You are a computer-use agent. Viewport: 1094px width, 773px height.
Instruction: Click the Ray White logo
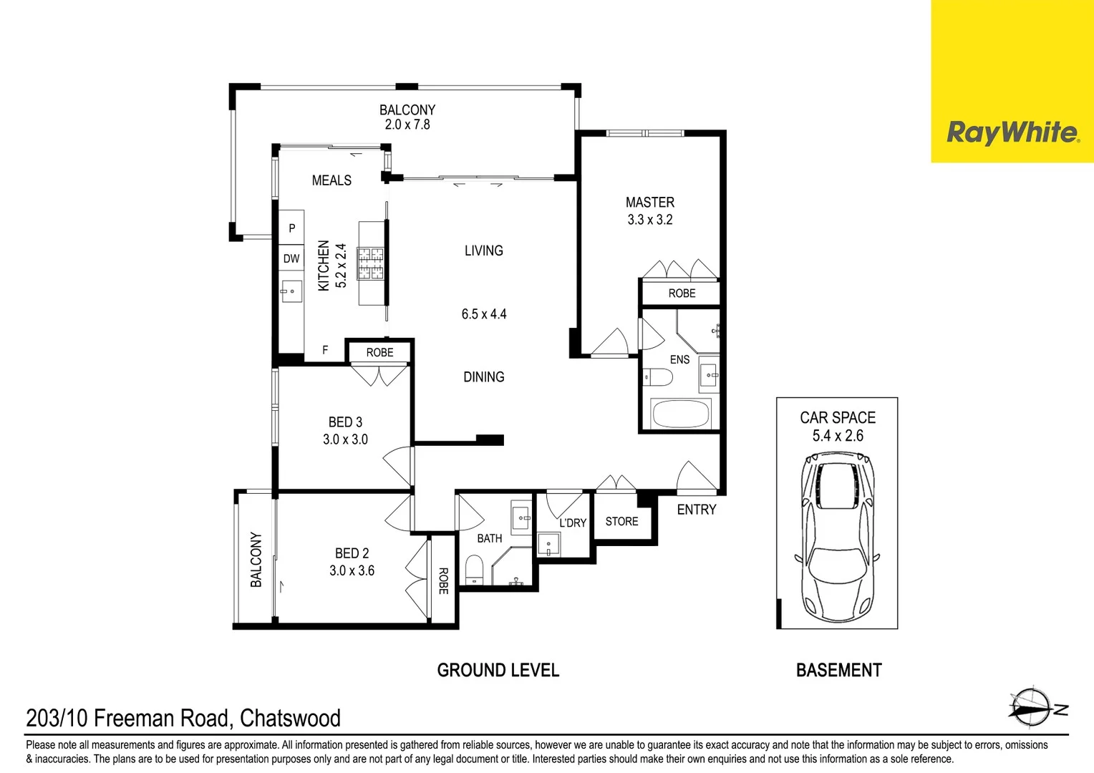pyautogui.click(x=1012, y=133)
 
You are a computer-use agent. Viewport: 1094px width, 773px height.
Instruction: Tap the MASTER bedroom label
pyautogui.click(x=649, y=203)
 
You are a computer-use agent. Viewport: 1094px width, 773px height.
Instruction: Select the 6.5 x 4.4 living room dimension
pyautogui.click(x=483, y=314)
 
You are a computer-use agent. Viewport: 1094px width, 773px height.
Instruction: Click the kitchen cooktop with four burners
pyautogui.click(x=371, y=263)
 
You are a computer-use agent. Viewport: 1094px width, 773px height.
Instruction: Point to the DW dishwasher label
pyautogui.click(x=291, y=258)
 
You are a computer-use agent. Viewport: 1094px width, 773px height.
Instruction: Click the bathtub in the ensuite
pyautogui.click(x=680, y=414)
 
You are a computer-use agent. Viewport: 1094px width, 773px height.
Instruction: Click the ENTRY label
pyautogui.click(x=696, y=510)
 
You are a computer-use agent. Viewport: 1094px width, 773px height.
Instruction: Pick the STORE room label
pyautogui.click(x=621, y=522)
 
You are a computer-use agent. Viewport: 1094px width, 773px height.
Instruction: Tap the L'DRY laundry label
pyautogui.click(x=572, y=523)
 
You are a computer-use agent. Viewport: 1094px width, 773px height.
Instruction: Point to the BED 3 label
pyautogui.click(x=345, y=422)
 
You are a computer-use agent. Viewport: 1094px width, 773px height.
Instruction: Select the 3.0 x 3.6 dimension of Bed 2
pyautogui.click(x=352, y=570)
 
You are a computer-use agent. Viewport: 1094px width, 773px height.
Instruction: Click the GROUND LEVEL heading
pyautogui.click(x=498, y=671)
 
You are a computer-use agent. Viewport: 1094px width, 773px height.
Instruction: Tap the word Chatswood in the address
pyautogui.click(x=290, y=718)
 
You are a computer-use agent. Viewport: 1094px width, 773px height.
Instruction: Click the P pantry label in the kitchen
pyautogui.click(x=291, y=228)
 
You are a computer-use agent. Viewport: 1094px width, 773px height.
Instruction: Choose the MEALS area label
pyautogui.click(x=331, y=180)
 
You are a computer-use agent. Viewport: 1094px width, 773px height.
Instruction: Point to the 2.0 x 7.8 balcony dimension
pyautogui.click(x=407, y=125)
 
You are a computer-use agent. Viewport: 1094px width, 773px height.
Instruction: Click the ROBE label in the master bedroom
pyautogui.click(x=682, y=293)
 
